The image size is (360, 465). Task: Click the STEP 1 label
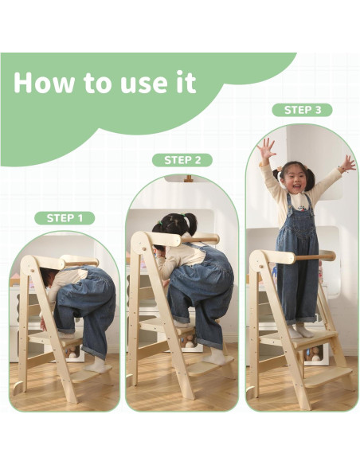[x=65, y=218]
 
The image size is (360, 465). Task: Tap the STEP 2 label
[x=182, y=160]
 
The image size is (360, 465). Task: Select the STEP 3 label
[x=303, y=110]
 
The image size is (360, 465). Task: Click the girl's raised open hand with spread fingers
[x=266, y=148]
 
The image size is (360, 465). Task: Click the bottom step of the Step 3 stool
[x=327, y=377]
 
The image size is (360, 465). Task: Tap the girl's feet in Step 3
[x=300, y=331]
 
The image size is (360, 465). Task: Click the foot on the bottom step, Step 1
[x=95, y=366]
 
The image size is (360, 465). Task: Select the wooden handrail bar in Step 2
[x=200, y=239]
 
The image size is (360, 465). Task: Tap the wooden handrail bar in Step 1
[x=81, y=262]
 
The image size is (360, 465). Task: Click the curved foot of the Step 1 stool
[x=18, y=387]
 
